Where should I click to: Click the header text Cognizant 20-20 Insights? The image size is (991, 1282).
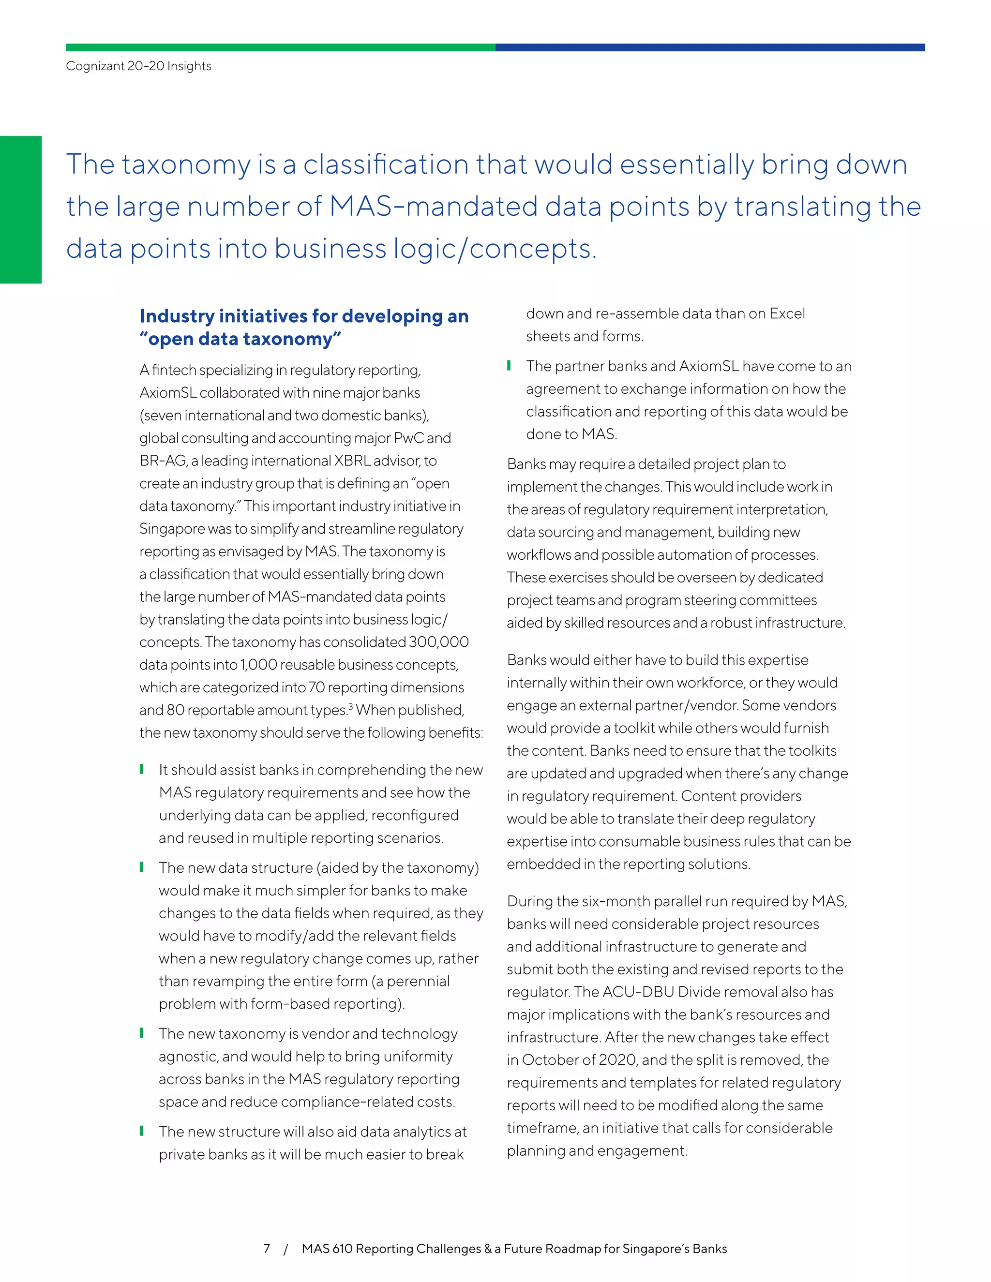138,66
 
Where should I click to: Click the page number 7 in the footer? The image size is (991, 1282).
267,1248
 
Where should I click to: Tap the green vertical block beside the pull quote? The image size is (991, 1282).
20,209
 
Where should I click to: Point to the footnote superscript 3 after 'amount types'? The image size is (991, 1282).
350,706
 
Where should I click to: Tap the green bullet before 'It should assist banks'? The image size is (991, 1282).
141,769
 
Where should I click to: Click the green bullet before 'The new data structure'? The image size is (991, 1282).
141,867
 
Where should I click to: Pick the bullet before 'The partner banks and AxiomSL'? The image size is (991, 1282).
509,366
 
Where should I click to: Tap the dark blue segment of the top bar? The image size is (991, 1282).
710,47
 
